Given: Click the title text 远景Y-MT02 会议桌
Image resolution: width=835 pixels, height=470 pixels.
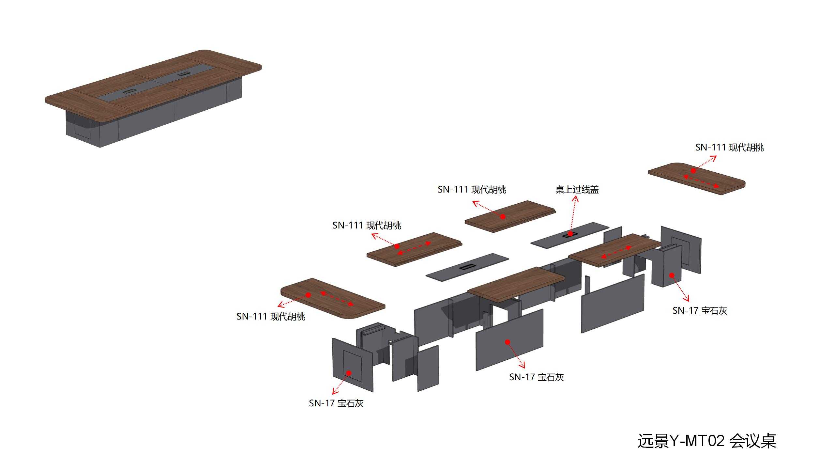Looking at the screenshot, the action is click(707, 441).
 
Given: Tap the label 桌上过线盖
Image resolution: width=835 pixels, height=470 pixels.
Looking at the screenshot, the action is click(577, 190).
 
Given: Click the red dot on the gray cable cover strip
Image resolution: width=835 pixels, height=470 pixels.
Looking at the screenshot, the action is click(570, 234).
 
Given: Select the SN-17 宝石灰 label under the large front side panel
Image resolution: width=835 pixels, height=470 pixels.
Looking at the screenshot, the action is click(537, 377).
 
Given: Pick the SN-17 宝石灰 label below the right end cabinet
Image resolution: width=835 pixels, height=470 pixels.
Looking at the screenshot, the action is click(700, 310).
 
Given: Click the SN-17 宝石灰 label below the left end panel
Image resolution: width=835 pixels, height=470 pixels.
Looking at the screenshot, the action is click(336, 403).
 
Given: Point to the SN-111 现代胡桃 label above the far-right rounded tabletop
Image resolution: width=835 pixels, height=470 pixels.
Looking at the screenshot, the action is click(730, 148).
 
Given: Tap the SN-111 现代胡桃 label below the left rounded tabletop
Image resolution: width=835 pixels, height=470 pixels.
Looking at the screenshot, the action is click(271, 317).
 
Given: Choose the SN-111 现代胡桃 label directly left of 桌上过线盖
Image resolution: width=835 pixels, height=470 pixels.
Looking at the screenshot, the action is click(472, 190).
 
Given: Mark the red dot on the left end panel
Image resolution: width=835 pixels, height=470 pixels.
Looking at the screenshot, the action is click(349, 373).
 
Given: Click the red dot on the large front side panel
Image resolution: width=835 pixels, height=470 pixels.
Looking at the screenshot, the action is click(508, 342).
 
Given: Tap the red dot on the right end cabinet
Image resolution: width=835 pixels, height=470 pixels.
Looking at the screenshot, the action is click(672, 275).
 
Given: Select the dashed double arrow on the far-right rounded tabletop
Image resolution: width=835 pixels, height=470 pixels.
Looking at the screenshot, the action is click(701, 181).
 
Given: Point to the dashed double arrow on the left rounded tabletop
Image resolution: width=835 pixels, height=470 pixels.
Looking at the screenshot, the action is click(337, 299).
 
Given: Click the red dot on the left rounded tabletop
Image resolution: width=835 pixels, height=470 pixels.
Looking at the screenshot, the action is click(308, 295).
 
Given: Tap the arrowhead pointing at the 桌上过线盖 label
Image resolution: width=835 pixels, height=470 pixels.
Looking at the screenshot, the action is click(576, 198).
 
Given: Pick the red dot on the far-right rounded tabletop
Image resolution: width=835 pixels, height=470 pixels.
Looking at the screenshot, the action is click(693, 171).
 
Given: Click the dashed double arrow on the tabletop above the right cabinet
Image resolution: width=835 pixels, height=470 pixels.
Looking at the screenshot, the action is click(616, 252).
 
